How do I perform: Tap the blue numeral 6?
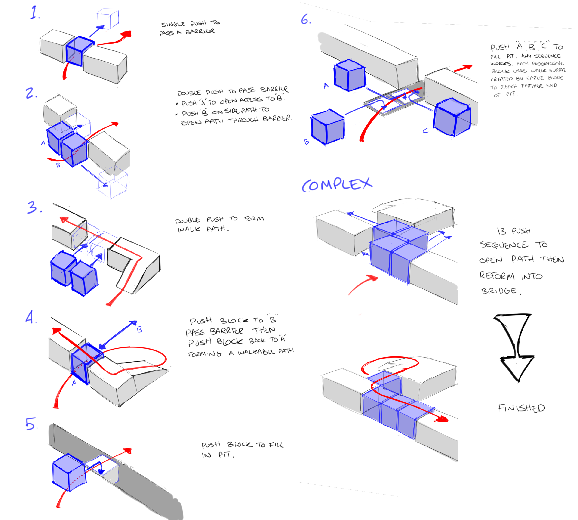click(x=306, y=19)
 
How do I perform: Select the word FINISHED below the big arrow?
click(x=521, y=408)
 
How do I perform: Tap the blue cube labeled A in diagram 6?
click(x=350, y=75)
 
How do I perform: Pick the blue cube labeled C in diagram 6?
click(x=452, y=117)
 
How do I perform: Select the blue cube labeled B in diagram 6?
click(x=328, y=127)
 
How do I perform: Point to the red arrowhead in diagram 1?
click(x=126, y=34)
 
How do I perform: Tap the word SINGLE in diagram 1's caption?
click(x=173, y=24)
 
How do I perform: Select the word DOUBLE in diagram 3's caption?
click(x=187, y=221)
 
